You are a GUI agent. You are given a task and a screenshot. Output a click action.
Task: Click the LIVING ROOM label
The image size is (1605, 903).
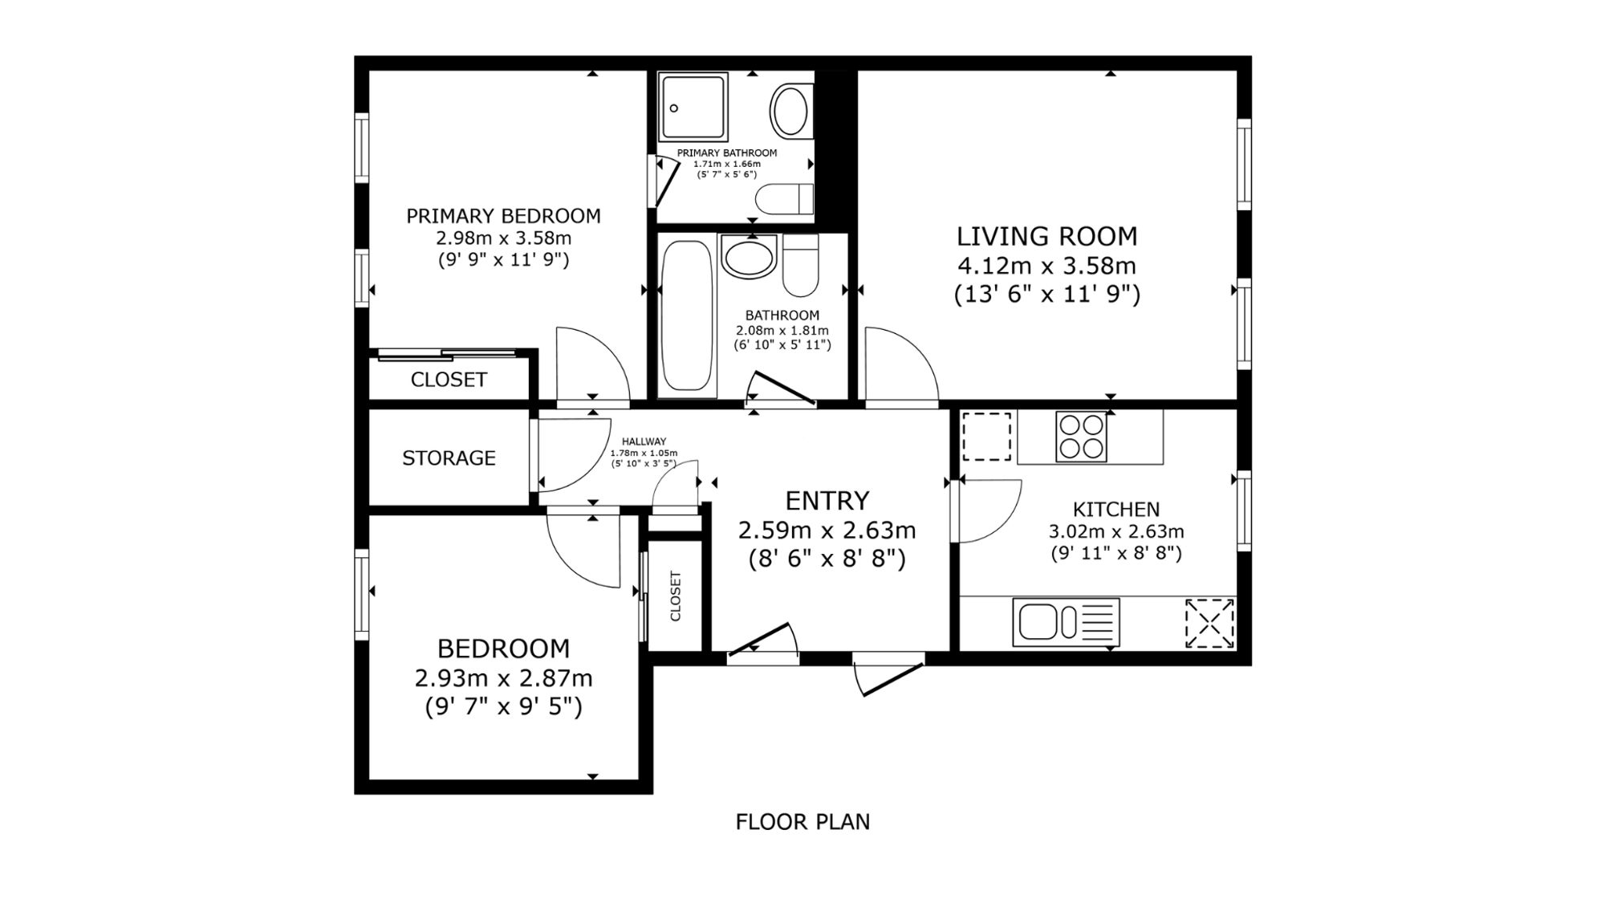[x=1046, y=236]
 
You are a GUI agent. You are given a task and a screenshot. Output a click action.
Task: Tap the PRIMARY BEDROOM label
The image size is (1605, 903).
[x=503, y=216]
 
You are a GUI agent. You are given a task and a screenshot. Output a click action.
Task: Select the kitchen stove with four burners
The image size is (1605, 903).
[x=1081, y=436]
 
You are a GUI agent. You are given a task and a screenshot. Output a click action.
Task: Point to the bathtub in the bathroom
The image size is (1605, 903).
[x=687, y=316]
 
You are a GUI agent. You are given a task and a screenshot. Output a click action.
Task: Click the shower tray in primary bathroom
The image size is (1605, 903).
[x=693, y=107]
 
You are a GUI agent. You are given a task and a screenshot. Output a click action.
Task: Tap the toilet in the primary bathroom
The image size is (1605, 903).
[x=785, y=198]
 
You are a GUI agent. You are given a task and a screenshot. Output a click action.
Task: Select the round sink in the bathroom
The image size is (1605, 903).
[x=749, y=255]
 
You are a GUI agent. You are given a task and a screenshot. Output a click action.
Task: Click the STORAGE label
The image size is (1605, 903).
[x=449, y=458]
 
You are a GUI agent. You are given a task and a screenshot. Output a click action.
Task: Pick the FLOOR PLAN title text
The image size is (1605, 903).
[x=802, y=822]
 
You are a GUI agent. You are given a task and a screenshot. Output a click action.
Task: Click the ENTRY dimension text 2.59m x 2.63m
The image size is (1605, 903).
[x=827, y=531]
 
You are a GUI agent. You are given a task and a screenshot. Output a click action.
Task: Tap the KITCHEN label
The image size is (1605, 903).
[x=1116, y=510]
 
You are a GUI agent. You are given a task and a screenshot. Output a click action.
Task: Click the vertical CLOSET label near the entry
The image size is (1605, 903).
[x=675, y=596]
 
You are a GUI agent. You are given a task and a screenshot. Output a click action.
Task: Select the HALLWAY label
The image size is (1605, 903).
[x=644, y=441]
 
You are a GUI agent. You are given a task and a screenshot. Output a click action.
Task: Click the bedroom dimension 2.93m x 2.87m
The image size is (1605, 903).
[x=503, y=678]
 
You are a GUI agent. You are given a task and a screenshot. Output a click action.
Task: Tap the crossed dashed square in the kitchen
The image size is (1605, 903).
[x=1209, y=622]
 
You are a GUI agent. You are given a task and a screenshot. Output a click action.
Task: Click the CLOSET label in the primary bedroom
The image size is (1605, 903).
[x=449, y=379]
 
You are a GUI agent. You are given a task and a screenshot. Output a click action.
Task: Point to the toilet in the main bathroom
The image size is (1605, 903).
[x=801, y=265]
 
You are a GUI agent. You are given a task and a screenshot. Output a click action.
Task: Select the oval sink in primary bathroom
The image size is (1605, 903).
[x=790, y=111]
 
